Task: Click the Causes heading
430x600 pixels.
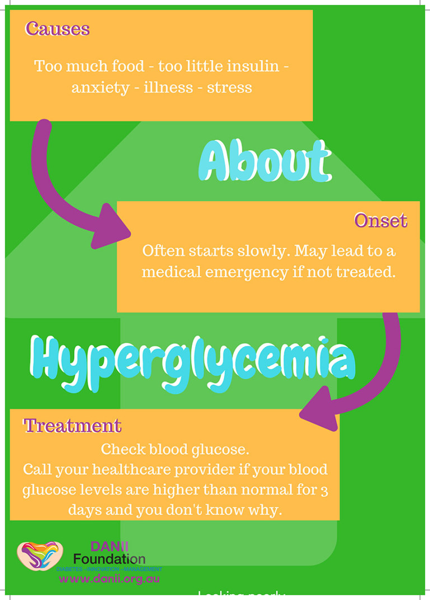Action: tap(57, 29)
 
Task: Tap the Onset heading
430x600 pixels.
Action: tap(381, 221)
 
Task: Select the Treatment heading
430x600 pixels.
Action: tap(72, 426)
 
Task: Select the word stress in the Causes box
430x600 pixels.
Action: tap(230, 88)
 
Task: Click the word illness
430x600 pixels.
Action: tap(167, 88)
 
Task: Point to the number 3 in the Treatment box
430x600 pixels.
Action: tap(325, 490)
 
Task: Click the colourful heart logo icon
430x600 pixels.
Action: tap(40, 556)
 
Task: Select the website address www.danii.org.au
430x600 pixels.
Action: tap(109, 579)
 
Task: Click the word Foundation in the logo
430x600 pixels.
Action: tap(109, 559)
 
